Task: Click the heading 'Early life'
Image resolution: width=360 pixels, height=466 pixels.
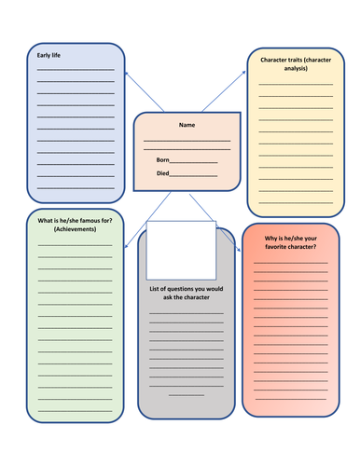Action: coord(49,57)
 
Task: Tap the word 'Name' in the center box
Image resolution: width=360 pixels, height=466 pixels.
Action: coord(187,125)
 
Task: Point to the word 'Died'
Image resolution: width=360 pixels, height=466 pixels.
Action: coord(163,173)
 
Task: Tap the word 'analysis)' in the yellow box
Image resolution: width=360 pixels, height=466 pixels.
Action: coord(295,71)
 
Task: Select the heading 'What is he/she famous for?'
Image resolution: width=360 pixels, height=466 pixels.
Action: coord(75,221)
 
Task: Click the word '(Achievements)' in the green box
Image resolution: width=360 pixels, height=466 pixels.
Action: coord(75,229)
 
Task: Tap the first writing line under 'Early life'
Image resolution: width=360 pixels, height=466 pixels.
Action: coord(76,70)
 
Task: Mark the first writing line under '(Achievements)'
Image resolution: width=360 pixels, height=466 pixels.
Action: coord(75,244)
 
